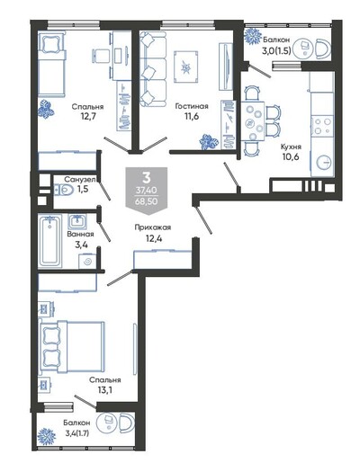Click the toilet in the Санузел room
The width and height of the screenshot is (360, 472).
click(63, 191)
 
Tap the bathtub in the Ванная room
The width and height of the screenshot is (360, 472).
click(49, 241)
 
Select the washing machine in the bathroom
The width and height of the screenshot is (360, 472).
click(87, 262)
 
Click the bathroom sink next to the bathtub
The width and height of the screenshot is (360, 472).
click(77, 221)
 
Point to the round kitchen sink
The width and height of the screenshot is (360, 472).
click(324, 163)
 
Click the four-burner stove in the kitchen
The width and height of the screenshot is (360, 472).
click(322, 126)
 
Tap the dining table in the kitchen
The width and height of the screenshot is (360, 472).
click(253, 121)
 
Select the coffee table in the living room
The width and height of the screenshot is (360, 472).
click(186, 67)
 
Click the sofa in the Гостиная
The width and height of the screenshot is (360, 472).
click(153, 68)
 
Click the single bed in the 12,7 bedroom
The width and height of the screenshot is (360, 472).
click(51, 64)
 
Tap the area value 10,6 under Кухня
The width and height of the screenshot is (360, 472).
click(291, 156)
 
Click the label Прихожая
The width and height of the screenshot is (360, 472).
click(153, 227)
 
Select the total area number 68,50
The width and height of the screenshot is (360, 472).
click(147, 201)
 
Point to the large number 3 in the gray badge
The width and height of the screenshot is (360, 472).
click(147, 178)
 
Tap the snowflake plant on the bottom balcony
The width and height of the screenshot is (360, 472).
click(47, 436)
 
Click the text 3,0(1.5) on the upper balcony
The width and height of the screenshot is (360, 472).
click(276, 51)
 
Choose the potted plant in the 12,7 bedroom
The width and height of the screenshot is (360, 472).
click(46, 110)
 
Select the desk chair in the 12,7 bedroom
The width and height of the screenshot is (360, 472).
click(101, 56)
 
